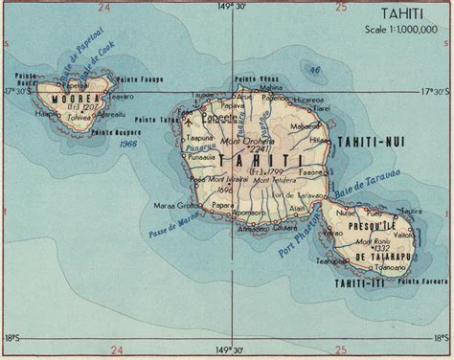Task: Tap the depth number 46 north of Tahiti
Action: coord(313,69)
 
